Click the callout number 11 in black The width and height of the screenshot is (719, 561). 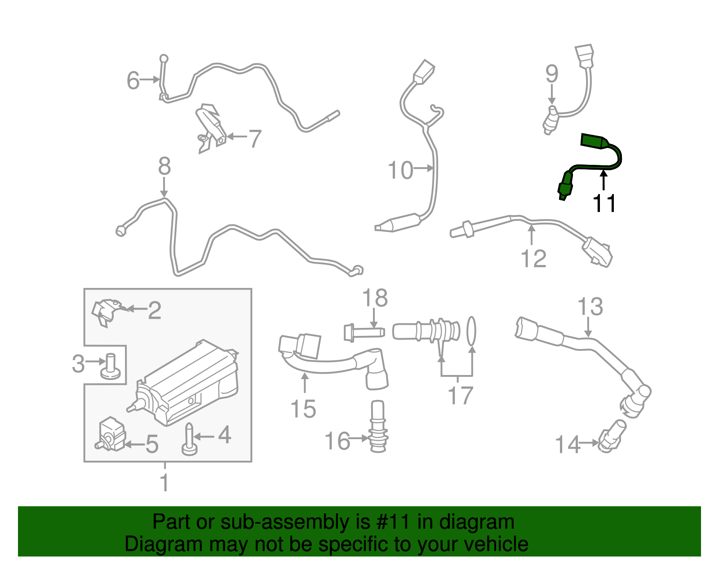604,203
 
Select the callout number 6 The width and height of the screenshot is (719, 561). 133,81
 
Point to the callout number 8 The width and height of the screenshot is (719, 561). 164,166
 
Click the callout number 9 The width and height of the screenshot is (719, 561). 552,74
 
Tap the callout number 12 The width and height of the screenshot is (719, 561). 533,259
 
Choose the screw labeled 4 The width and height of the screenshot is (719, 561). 189,440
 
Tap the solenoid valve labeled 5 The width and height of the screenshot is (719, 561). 111,433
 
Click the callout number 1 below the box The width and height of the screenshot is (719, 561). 164,482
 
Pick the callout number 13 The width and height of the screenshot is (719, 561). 590,307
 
